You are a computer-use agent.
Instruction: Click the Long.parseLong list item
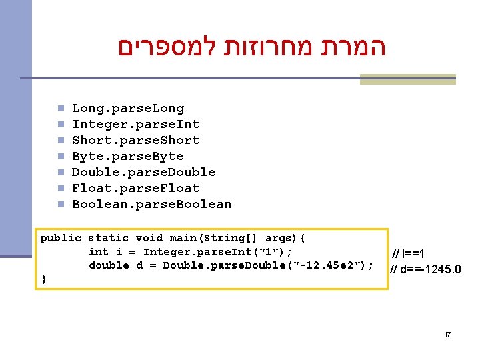tap(127, 108)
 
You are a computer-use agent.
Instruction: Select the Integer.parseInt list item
tap(135, 124)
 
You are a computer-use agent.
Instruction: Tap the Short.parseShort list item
tap(135, 140)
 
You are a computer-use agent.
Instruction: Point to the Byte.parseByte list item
tap(127, 156)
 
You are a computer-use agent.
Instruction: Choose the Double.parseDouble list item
tap(143, 172)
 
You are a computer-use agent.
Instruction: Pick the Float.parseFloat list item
tap(135, 188)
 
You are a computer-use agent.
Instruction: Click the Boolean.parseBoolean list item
tap(151, 204)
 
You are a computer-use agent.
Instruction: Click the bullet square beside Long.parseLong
tap(60, 108)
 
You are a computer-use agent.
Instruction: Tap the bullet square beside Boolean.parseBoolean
tap(60, 204)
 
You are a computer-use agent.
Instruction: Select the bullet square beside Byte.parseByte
tap(60, 156)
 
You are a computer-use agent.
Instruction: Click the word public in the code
tap(60, 238)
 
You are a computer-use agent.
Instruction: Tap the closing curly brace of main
tap(44, 279)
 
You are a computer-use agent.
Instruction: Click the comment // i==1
tap(409, 253)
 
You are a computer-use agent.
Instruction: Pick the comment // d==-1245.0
tap(425, 269)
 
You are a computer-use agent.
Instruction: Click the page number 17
tap(447, 333)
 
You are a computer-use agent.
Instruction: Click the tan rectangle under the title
tap(407, 79)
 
